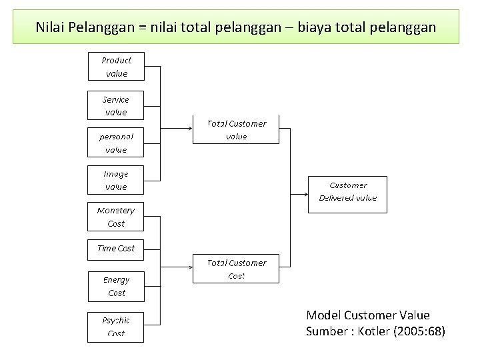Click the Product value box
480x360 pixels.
tap(116, 67)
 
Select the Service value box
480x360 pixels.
tap(116, 105)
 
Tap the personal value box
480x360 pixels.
tap(116, 143)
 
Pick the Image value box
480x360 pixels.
tap(116, 180)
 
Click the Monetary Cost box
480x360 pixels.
tap(116, 217)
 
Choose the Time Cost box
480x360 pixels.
tap(116, 248)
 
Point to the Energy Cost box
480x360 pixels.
tap(116, 286)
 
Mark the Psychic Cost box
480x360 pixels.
tap(116, 326)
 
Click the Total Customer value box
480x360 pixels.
tap(236, 129)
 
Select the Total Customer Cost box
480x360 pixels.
tap(236, 269)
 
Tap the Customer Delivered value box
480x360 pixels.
tap(347, 192)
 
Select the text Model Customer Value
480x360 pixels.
tap(367, 315)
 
